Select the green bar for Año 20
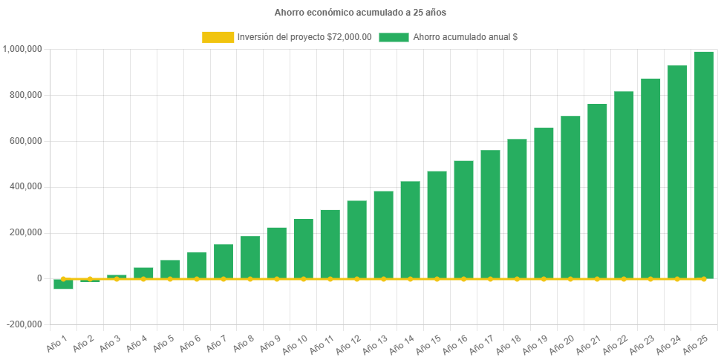point(570,197)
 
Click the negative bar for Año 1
point(63,284)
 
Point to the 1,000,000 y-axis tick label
point(22,49)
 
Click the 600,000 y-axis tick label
point(26,141)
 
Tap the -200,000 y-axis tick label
point(25,324)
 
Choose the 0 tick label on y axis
point(39,278)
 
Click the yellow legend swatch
point(217,37)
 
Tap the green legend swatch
point(394,37)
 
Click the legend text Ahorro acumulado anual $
point(465,37)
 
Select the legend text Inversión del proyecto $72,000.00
point(304,37)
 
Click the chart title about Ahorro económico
point(360,13)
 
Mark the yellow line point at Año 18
point(517,279)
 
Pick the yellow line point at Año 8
point(250,279)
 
